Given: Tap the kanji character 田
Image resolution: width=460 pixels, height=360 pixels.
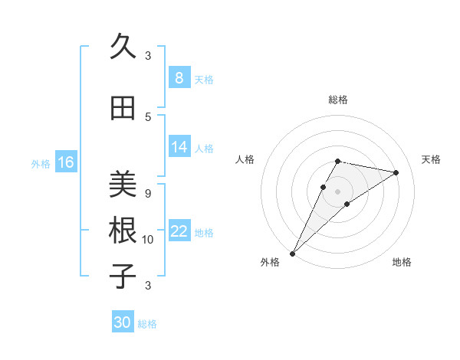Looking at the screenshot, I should (x=123, y=109).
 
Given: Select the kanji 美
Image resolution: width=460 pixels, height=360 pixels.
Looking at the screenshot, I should (x=123, y=184).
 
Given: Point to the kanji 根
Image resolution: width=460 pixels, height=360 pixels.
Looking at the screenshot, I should (x=123, y=230).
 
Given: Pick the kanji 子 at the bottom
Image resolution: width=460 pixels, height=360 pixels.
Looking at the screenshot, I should (x=123, y=276).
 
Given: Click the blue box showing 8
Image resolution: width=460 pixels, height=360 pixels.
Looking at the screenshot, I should (x=179, y=77).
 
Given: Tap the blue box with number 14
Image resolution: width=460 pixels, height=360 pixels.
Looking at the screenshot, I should (x=179, y=147).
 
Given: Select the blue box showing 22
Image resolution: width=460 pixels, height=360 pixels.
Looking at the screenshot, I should (x=179, y=232).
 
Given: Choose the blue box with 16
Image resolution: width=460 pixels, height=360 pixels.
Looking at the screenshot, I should (x=65, y=162).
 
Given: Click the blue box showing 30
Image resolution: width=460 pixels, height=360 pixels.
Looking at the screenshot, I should (x=123, y=322).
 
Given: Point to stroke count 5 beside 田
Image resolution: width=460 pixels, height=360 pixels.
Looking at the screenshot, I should (x=148, y=116).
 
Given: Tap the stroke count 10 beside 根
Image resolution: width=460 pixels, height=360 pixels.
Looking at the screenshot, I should (x=148, y=240).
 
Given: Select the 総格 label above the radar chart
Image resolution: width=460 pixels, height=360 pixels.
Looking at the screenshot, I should (x=337, y=100).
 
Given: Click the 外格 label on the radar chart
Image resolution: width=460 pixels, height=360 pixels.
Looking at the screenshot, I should (x=270, y=262).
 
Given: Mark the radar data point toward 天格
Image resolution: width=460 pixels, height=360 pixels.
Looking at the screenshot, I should (x=396, y=172).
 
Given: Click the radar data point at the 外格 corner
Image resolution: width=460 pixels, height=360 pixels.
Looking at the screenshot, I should (x=293, y=253).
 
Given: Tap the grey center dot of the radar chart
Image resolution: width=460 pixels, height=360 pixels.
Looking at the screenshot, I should (x=337, y=191).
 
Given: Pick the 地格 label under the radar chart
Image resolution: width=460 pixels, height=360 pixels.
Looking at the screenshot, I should (x=402, y=262).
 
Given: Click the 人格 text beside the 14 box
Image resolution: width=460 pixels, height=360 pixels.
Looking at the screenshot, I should (x=204, y=148).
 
